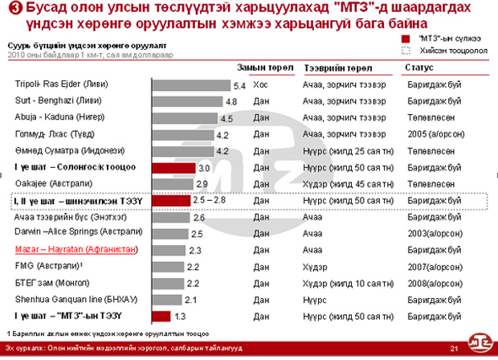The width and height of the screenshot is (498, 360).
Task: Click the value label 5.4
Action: [239, 84]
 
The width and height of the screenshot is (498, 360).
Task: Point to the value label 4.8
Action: [231, 101]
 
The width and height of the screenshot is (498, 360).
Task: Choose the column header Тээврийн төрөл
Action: [338, 69]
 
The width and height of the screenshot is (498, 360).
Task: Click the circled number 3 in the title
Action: [15, 10]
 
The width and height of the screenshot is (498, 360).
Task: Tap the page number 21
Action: [454, 347]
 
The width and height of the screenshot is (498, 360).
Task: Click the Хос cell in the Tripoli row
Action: [260, 84]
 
